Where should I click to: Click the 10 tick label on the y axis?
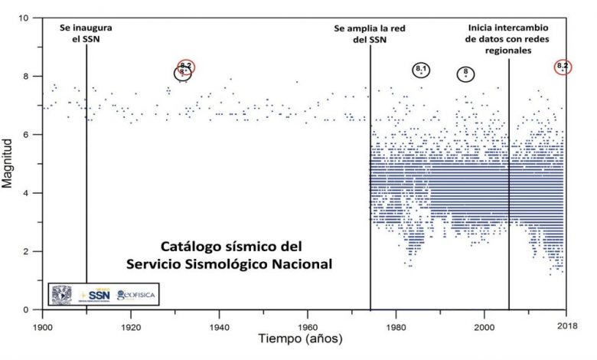[x=27, y=18]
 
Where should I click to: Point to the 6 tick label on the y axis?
[x=29, y=135]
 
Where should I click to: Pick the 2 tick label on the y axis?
[x=29, y=252]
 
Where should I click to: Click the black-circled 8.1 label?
[x=421, y=70]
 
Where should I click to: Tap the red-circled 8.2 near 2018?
[x=563, y=67]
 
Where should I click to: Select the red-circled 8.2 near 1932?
[x=187, y=67]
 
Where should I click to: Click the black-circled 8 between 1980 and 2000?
[x=465, y=74]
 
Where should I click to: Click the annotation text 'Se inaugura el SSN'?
[x=86, y=33]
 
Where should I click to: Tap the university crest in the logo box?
[x=62, y=293]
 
